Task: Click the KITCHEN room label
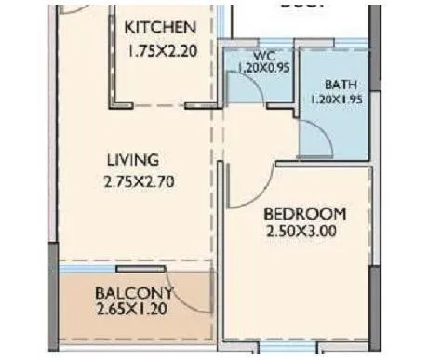tap(160, 27)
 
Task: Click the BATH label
tap(337, 83)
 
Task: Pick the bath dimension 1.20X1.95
tap(337, 98)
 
